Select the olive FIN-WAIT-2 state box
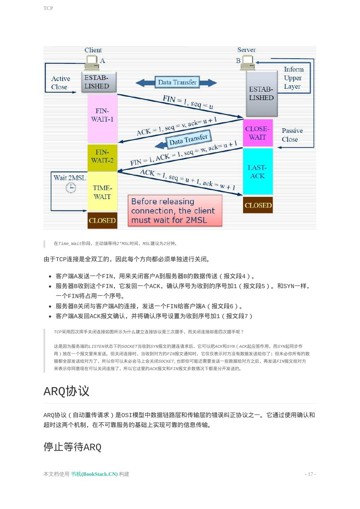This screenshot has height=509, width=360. pyautogui.click(x=102, y=157)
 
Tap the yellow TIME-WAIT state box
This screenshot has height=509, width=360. pyautogui.click(x=102, y=192)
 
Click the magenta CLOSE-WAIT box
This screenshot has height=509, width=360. pyautogui.click(x=258, y=133)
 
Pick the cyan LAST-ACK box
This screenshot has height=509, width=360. pyautogui.click(x=258, y=172)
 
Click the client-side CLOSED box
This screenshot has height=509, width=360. pyautogui.click(x=102, y=221)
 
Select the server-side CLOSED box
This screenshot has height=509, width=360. pyautogui.click(x=258, y=205)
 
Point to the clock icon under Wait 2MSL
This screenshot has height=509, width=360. pyautogui.click(x=71, y=188)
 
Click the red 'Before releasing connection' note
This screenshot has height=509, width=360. pyautogui.click(x=175, y=211)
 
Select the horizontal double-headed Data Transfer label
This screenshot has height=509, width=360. pyautogui.click(x=177, y=82)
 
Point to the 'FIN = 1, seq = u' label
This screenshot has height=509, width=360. pyautogui.click(x=188, y=102)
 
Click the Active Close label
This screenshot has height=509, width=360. pyautogui.click(x=60, y=83)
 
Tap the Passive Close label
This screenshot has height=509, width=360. pyautogui.click(x=292, y=135)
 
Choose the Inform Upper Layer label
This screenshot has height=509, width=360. pyautogui.click(x=293, y=78)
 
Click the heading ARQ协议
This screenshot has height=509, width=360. pyautogui.click(x=66, y=391)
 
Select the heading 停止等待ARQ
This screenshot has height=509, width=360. pyautogui.click(x=72, y=447)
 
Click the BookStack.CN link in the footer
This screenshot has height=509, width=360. pyautogui.click(x=94, y=474)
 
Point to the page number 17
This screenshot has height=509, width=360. pyautogui.click(x=310, y=474)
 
